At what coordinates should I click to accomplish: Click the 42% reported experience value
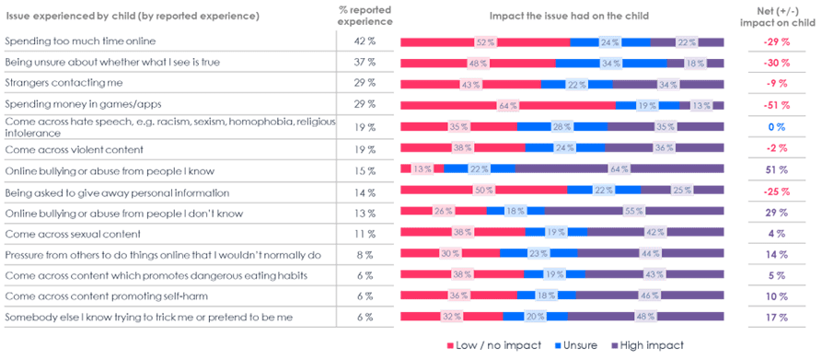pos(365,42)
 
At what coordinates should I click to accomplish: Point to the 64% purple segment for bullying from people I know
pos(619,169)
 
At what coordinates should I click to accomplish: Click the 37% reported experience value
pos(365,64)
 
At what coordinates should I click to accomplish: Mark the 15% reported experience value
pos(365,169)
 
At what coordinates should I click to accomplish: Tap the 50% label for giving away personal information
pos(479,191)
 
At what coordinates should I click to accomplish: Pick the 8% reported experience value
pos(365,254)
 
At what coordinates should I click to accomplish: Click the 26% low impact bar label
pos(442,212)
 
